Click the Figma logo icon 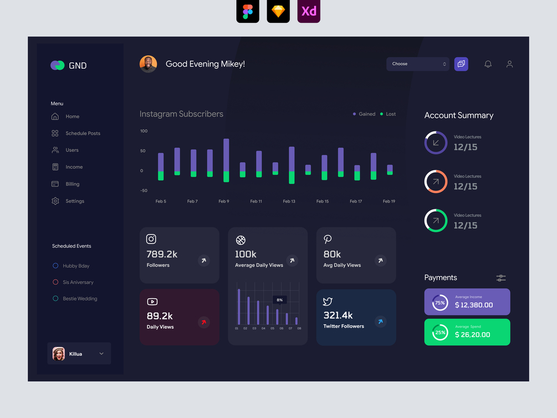coord(248,12)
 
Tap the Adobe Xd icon coord(309,12)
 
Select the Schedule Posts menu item coord(83,134)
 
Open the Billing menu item coord(72,184)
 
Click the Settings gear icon coord(55,201)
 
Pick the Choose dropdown coord(418,64)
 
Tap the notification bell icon coord(488,64)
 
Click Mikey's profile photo coord(148,64)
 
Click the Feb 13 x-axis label coord(289,201)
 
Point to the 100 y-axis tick coord(144,131)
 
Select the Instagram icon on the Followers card coord(151,239)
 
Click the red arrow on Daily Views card coord(204,322)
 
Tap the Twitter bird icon coord(328,302)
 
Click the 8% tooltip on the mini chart coord(279,300)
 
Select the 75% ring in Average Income coord(440,303)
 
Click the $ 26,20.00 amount coord(472,335)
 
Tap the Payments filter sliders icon coord(501,278)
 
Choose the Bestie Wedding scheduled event coord(80,299)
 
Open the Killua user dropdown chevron coord(101,354)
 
